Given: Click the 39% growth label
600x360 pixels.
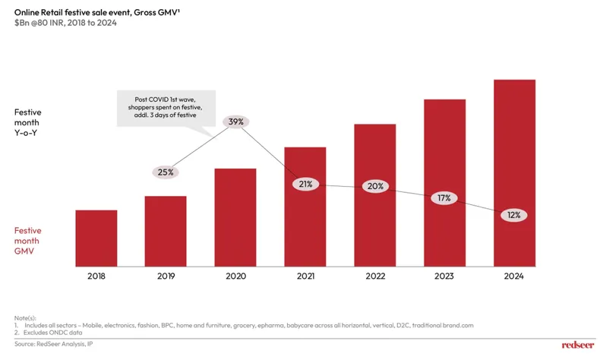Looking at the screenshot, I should point(235,122).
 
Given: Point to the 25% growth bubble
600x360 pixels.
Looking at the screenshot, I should point(166,172).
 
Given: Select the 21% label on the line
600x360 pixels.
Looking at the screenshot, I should point(305,184).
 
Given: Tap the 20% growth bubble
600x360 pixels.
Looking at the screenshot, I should point(375,186).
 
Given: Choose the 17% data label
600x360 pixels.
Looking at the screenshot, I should point(444,198).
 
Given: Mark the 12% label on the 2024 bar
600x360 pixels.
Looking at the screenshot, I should point(514,215).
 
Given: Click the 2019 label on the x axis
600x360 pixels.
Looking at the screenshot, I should point(166,276).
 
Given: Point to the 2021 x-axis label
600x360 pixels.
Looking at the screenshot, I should point(305,276).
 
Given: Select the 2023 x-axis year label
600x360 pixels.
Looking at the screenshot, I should point(444,276).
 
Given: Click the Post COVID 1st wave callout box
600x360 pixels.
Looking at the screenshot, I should point(166,108).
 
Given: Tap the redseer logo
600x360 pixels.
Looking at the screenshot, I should point(577,345).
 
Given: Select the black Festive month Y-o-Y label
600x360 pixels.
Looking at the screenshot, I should point(28,122).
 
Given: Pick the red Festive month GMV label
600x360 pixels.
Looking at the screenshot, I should point(28,240).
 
